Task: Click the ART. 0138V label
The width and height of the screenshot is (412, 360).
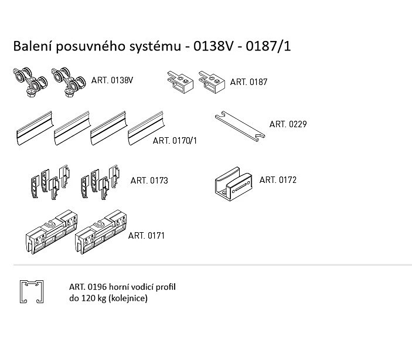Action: pyautogui.click(x=112, y=80)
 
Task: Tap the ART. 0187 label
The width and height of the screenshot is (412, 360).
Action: pyautogui.click(x=248, y=82)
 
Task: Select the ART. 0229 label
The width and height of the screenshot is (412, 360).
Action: pyautogui.click(x=288, y=124)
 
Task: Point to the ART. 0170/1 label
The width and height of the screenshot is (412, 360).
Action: pyautogui.click(x=175, y=141)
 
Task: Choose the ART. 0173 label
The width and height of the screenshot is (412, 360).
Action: pyautogui.click(x=149, y=181)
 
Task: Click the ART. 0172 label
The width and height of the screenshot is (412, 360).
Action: pyautogui.click(x=278, y=180)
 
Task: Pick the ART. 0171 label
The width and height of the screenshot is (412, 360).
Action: pyautogui.click(x=147, y=236)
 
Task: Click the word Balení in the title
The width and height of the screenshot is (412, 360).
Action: pyautogui.click(x=33, y=46)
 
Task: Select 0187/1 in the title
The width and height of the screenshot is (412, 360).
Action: pyautogui.click(x=268, y=46)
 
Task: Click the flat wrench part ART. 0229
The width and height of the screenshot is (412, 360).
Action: pyautogui.click(x=240, y=127)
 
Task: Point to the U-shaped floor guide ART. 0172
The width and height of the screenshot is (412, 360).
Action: pyautogui.click(x=233, y=184)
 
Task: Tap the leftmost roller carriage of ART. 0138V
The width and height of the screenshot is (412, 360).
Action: pyautogui.click(x=30, y=81)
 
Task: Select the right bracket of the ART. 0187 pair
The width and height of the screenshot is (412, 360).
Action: pyautogui.click(x=212, y=82)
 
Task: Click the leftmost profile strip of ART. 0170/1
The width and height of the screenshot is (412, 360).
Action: pyautogui.click(x=35, y=128)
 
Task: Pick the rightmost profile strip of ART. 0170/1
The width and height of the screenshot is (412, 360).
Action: pyautogui.click(x=146, y=128)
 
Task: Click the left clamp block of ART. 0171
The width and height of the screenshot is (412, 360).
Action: pyautogui.click(x=52, y=232)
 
